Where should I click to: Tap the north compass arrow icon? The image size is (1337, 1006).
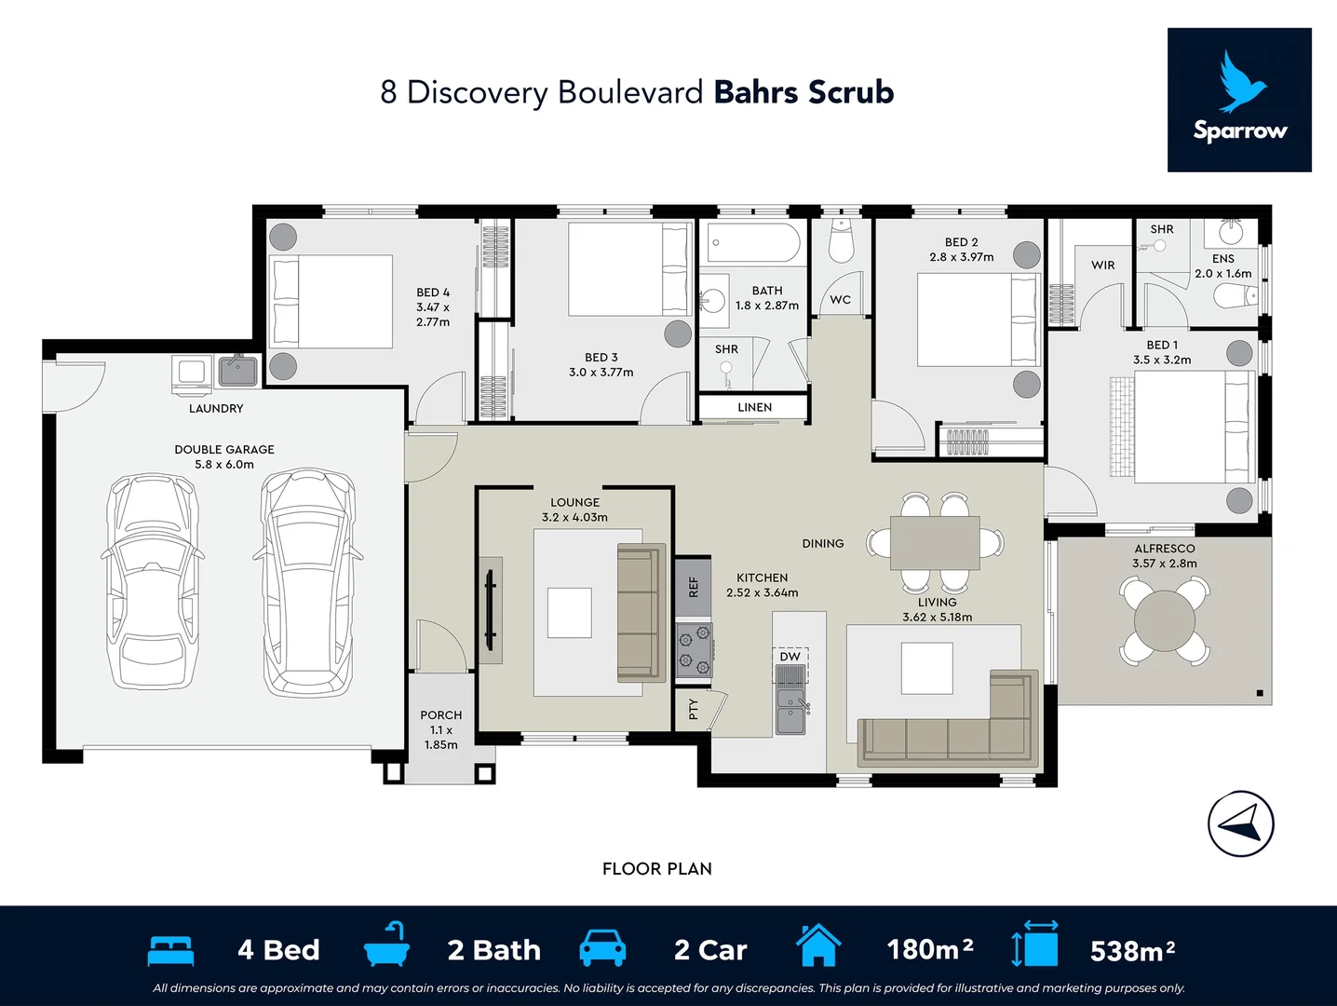click(1240, 823)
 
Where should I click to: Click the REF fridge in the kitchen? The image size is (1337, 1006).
click(694, 587)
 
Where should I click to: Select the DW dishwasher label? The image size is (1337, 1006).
click(790, 657)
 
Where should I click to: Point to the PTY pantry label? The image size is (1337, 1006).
click(693, 710)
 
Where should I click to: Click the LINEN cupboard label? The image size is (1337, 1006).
click(754, 407)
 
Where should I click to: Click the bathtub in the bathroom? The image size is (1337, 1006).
click(753, 243)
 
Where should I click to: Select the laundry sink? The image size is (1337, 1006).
click(237, 372)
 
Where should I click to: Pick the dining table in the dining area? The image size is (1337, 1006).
click(934, 543)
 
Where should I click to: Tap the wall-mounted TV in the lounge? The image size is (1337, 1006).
click(490, 610)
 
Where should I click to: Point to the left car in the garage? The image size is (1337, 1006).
click(152, 581)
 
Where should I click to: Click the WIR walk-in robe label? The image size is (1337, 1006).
click(1102, 265)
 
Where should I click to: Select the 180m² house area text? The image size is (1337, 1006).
click(930, 949)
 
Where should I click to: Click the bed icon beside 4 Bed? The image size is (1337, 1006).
click(170, 950)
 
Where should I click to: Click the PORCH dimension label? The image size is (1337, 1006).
click(441, 730)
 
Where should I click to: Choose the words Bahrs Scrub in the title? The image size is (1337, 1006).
click(804, 92)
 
